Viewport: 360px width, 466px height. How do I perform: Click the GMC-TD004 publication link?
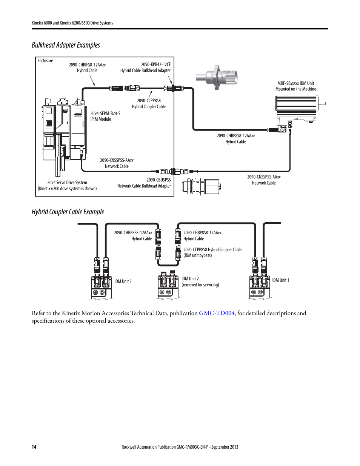217,313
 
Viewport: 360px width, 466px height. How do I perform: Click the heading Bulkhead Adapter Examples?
66,45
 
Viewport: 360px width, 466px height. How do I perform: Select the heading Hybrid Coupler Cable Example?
68,212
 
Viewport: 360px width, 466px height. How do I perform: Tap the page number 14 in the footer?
34,447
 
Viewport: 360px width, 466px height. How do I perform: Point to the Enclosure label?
45,61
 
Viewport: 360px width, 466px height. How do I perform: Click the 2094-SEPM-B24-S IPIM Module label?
105,116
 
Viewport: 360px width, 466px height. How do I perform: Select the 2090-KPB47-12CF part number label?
156,65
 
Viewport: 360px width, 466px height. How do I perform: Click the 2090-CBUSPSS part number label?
158,180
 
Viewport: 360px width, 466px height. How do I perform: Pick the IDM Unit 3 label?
123,281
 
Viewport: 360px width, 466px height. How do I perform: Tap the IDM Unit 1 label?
281,280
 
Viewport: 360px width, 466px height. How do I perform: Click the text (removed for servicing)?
200,285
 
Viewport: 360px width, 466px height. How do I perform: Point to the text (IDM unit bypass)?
198,255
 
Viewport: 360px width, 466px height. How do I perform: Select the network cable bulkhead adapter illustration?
201,186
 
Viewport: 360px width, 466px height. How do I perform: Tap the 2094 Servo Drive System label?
67,183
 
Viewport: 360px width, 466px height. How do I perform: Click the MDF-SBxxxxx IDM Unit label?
295,83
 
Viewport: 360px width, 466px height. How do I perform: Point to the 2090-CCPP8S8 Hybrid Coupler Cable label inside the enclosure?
149,104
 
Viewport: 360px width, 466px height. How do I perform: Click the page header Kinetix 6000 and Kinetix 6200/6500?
72,23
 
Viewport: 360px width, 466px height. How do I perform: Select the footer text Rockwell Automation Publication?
180,447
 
